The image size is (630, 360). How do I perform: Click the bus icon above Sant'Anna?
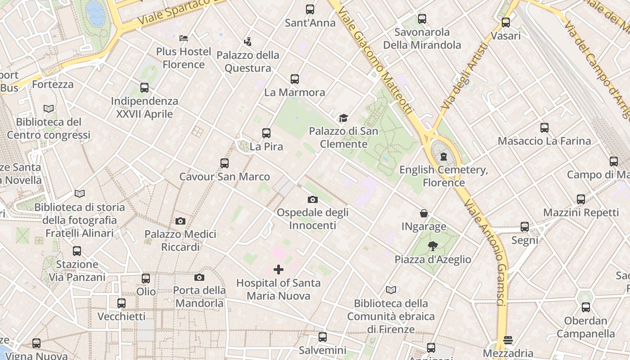[310, 9]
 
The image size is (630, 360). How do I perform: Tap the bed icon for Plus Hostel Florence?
[184, 38]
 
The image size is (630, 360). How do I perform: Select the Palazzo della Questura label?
[248, 62]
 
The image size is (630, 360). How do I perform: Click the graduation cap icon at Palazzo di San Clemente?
[343, 118]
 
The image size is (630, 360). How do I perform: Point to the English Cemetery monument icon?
[444, 157]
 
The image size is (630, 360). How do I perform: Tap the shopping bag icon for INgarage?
[424, 213]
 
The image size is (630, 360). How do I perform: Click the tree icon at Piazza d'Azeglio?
[432, 246]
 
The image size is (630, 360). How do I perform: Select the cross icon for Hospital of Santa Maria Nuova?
[279, 270]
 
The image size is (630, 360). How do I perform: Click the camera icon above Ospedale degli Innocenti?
[312, 199]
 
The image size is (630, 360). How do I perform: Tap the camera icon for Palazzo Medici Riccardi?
[180, 221]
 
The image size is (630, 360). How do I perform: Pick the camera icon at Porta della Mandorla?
[199, 277]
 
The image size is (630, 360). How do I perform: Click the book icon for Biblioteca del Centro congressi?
[49, 108]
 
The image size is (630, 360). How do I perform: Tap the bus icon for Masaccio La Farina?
[544, 128]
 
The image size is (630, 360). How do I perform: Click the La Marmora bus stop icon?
[294, 79]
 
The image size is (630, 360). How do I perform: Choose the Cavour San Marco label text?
[225, 176]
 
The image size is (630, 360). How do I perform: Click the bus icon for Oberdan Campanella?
[585, 307]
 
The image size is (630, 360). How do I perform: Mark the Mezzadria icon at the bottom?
[508, 340]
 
